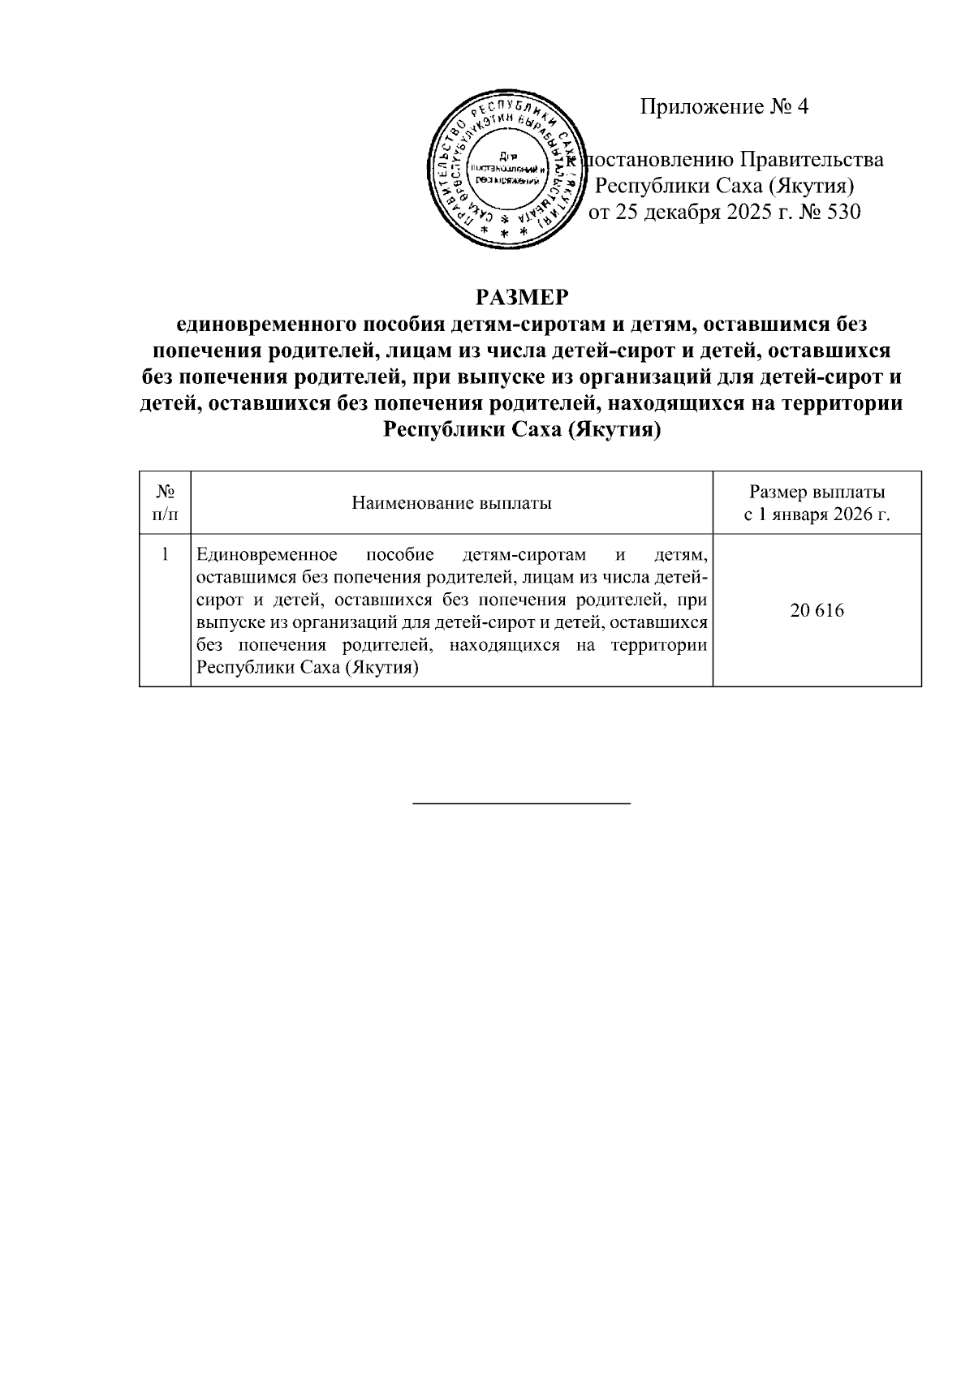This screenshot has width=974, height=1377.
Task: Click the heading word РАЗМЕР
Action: [x=522, y=298]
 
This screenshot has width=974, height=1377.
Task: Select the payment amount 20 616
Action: [x=817, y=611]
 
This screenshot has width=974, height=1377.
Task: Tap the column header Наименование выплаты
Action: [x=451, y=503]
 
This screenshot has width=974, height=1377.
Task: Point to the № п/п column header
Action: [x=165, y=503]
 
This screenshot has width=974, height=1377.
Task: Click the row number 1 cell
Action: [x=165, y=556]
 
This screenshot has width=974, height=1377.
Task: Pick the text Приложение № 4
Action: [x=724, y=106]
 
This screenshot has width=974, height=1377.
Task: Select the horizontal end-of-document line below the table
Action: [x=522, y=803]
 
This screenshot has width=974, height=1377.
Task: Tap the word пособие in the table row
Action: [x=400, y=556]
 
